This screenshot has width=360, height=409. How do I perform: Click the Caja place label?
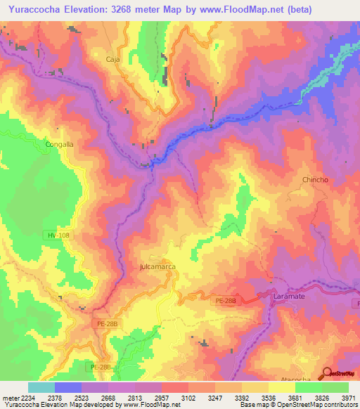(x=113, y=60)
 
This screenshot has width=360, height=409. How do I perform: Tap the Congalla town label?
(x=59, y=145)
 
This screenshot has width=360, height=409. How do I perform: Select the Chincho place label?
(x=315, y=180)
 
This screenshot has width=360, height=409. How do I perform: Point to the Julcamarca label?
(x=157, y=268)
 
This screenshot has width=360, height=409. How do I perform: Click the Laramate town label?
(x=287, y=297)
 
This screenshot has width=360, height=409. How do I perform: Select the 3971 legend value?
(x=349, y=398)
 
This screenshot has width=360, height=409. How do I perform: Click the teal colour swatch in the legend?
(x=41, y=387)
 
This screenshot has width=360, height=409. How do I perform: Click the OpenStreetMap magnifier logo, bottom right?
(x=328, y=374)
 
